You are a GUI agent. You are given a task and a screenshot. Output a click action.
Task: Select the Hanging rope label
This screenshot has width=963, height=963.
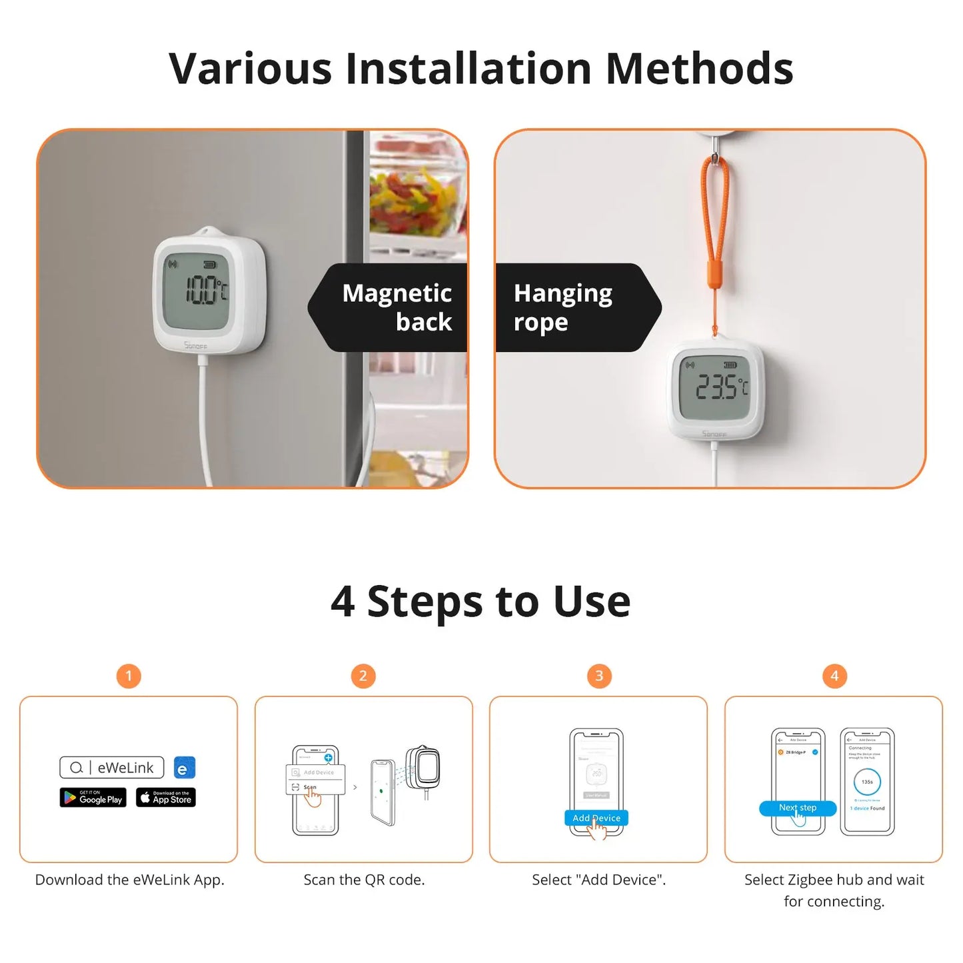(563, 307)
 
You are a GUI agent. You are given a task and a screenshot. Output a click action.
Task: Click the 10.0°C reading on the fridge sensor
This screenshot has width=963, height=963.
(205, 290)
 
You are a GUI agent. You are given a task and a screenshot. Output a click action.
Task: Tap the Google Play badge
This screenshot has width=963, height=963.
(93, 797)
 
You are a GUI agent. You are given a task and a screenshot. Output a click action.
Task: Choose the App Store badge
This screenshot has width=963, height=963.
(166, 797)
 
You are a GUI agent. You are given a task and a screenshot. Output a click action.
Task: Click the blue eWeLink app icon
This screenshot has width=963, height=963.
(185, 768)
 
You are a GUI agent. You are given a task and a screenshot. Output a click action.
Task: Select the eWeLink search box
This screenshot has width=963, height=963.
(112, 768)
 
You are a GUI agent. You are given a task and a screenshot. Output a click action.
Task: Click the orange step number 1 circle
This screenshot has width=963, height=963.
(129, 676)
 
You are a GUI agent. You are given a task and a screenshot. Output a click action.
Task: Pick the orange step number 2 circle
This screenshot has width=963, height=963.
(363, 676)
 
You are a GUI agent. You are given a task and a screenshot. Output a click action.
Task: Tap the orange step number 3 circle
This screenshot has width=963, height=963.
(598, 676)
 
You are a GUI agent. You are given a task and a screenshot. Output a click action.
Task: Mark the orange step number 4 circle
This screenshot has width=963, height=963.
(834, 676)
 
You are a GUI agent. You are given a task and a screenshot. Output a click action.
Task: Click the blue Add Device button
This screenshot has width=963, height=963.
(596, 818)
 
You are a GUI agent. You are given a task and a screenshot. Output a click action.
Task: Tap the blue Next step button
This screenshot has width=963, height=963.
(797, 808)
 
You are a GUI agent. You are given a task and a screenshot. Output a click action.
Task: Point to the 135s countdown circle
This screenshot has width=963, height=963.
(867, 782)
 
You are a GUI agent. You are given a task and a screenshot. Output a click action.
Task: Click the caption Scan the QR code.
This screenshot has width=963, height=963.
(364, 880)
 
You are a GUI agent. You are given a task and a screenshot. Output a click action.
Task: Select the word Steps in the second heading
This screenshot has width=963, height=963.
(425, 602)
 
